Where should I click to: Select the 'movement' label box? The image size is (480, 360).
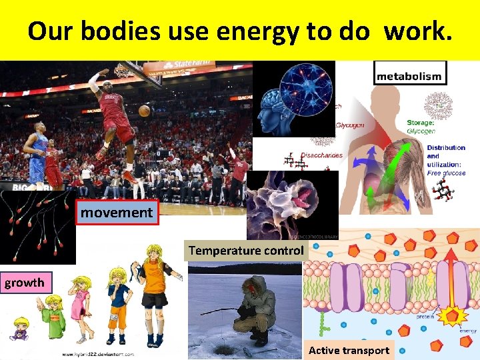(x=117, y=213)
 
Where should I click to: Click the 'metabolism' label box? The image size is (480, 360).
(x=409, y=76)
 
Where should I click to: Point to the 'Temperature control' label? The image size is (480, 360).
(x=246, y=251)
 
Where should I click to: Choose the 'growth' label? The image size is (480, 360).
(x=24, y=283)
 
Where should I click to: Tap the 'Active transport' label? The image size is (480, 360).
(x=349, y=350)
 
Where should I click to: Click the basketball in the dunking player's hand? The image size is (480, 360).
(x=144, y=111)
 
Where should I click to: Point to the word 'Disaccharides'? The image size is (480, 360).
(x=321, y=155)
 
